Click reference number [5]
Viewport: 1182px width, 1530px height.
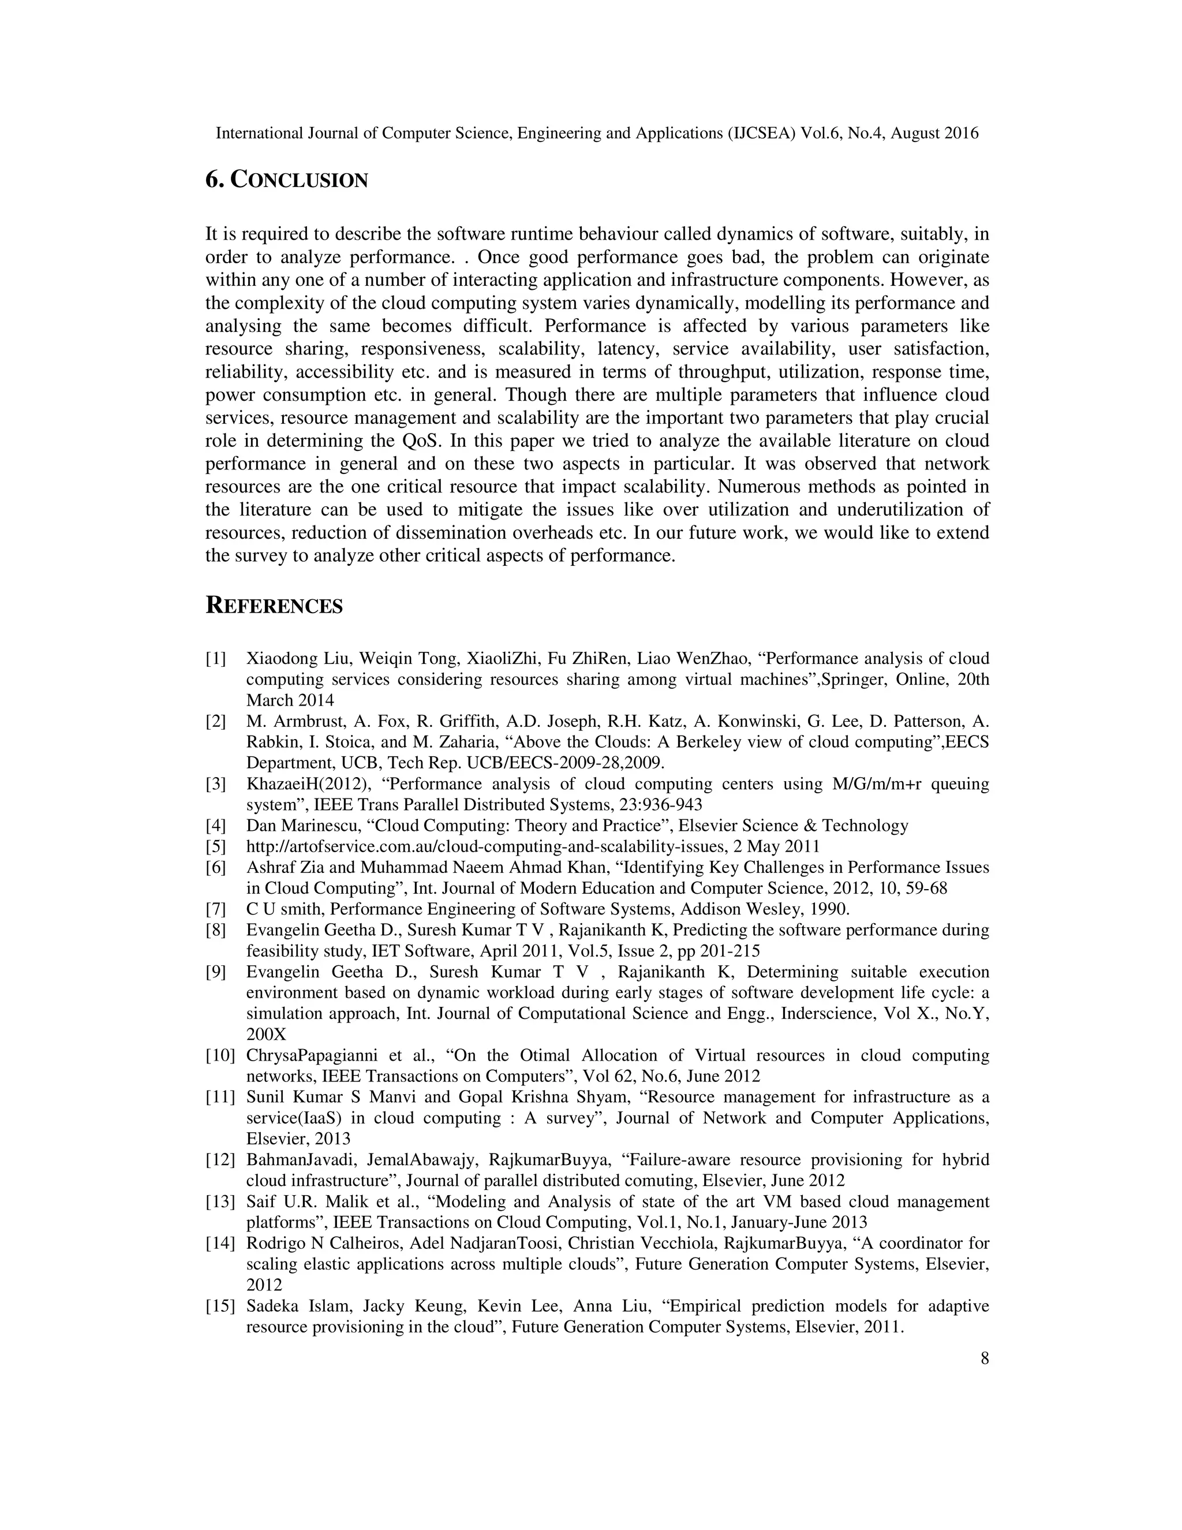(x=216, y=846)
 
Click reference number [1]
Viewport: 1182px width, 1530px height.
(x=216, y=659)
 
